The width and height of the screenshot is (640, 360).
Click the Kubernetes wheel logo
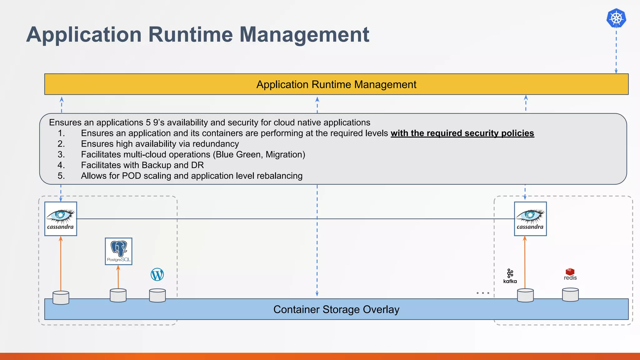616,18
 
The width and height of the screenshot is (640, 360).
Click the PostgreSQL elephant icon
119,249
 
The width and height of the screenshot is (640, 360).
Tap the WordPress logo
157,274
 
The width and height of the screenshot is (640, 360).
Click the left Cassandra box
61,218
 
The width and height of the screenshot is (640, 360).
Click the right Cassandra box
530,218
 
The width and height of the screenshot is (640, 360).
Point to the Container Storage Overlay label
336,309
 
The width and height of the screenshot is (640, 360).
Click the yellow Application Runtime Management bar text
336,84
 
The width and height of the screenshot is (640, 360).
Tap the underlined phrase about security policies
462,133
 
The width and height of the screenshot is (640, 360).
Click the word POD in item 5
131,176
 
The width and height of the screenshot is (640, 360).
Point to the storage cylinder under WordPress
157,296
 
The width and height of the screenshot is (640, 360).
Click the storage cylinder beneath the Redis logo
570,295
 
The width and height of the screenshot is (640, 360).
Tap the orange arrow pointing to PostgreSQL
118,277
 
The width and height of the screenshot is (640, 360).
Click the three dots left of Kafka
483,293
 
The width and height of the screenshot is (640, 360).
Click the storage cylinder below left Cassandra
61,297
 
